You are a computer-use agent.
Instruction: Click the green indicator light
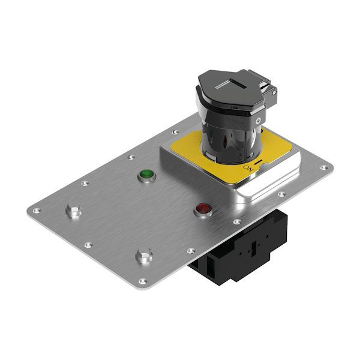tap(147, 173)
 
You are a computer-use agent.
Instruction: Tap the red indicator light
tap(203, 208)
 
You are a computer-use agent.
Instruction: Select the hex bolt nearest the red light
tap(144, 255)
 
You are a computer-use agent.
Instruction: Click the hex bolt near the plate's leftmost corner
tap(74, 209)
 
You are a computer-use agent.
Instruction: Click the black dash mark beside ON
tap(258, 163)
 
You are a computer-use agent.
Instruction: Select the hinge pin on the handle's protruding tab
tap(274, 92)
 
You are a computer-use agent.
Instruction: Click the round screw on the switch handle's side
tap(259, 120)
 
